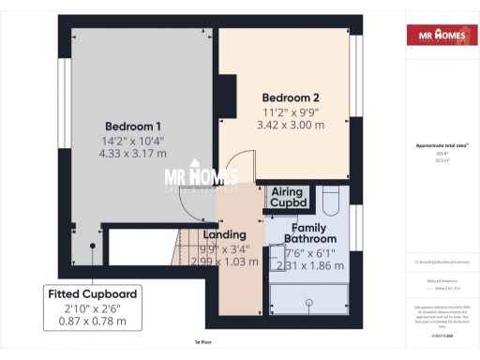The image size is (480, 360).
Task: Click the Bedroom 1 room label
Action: point(132,127)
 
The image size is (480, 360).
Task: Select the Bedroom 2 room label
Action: point(291,97)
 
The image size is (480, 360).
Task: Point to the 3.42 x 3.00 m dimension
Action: point(292,125)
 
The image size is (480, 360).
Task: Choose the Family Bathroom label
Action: point(310,233)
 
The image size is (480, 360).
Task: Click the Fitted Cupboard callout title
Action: point(93,294)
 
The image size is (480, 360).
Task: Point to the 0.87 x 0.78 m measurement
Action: point(93,322)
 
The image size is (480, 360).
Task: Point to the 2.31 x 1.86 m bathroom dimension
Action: point(310,265)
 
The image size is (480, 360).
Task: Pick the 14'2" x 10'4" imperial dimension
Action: point(132,141)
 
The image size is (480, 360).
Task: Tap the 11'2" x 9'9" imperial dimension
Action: point(292,112)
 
